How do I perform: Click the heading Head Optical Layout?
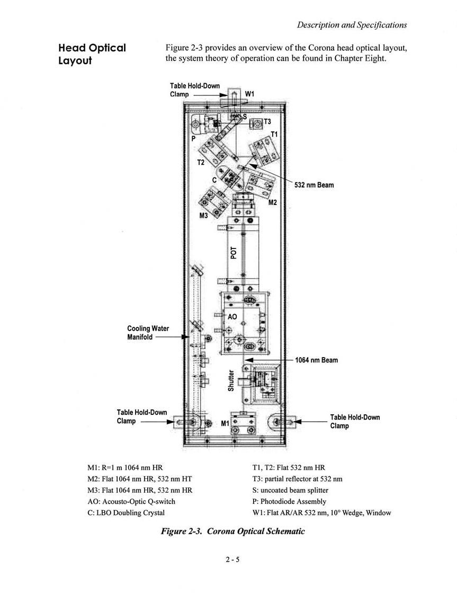(x=92, y=54)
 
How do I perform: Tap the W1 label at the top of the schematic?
(x=249, y=94)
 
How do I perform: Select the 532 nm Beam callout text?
(x=314, y=185)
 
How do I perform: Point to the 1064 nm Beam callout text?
(x=317, y=360)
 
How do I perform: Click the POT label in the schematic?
(x=234, y=253)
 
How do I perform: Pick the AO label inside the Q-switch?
(x=232, y=317)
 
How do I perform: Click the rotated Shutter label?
(x=231, y=380)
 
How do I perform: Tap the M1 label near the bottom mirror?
(x=225, y=423)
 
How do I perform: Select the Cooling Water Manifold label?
(x=148, y=333)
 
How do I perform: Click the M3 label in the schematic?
(x=204, y=216)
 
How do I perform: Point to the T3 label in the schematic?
(x=267, y=122)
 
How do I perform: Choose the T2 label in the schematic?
(x=201, y=162)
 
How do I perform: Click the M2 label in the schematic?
(x=273, y=202)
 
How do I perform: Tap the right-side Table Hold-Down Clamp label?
(x=355, y=422)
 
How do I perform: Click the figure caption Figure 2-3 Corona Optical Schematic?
(x=233, y=531)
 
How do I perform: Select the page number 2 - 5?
(x=232, y=559)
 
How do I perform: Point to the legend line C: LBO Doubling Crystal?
(x=126, y=513)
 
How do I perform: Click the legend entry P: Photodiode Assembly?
(x=289, y=502)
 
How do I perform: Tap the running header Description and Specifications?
(x=352, y=25)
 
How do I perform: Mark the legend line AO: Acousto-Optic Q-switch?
(x=131, y=501)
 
